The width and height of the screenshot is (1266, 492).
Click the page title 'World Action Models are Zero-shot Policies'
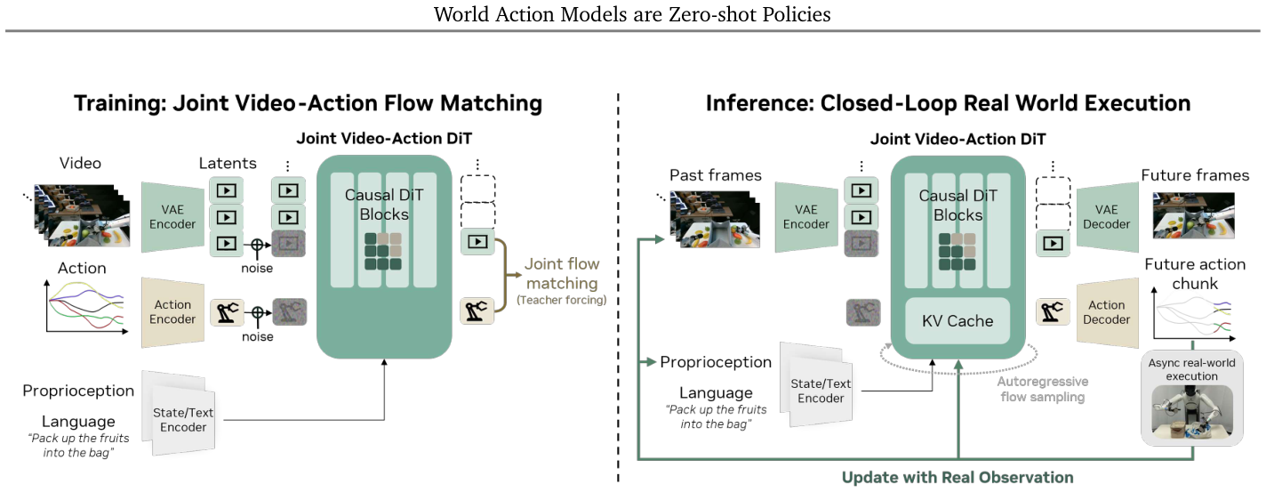click(x=632, y=14)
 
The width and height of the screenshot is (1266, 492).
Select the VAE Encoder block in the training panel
click(x=173, y=217)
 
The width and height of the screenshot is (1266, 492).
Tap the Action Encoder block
click(x=173, y=312)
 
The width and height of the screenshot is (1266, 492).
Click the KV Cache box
click(x=958, y=320)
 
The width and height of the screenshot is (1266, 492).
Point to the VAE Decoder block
click(x=1107, y=217)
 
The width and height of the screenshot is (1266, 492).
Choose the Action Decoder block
click(x=1107, y=313)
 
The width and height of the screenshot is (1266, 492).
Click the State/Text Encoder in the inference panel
click(x=819, y=387)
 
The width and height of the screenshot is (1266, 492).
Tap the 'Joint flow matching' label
click(x=562, y=274)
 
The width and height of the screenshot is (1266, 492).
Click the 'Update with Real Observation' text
click(x=958, y=477)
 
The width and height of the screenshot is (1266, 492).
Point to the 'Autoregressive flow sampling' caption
click(x=1043, y=389)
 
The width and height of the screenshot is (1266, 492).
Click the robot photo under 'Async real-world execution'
click(x=1192, y=412)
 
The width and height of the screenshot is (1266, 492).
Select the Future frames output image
click(x=1194, y=215)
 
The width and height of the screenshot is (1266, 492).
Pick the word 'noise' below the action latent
click(x=257, y=336)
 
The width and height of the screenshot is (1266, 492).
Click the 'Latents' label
click(x=228, y=163)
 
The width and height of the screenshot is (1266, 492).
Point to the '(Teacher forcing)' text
click(x=562, y=300)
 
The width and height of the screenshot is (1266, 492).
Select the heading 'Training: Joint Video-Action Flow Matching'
click(x=308, y=103)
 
